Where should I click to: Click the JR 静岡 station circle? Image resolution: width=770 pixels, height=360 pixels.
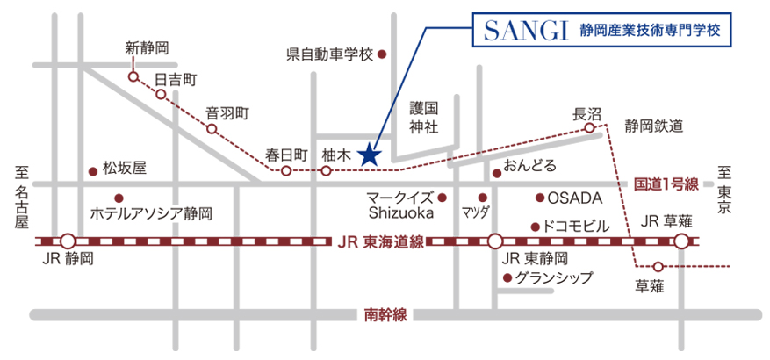pyautogui.click(x=68, y=241)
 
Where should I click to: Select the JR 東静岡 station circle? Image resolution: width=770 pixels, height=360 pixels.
pyautogui.click(x=495, y=241)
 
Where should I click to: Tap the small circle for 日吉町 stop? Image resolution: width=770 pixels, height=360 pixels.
pyautogui.click(x=161, y=94)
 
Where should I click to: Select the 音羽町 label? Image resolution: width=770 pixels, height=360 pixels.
pyautogui.click(x=228, y=112)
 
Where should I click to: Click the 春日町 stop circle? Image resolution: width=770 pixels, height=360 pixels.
pyautogui.click(x=285, y=170)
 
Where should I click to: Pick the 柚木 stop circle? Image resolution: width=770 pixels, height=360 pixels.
pyautogui.click(x=326, y=170)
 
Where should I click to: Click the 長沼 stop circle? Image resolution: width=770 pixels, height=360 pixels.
pyautogui.click(x=589, y=128)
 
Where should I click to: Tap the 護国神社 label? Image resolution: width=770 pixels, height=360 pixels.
pyautogui.click(x=423, y=118)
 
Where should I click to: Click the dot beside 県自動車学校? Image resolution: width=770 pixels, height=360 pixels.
pyautogui.click(x=382, y=54)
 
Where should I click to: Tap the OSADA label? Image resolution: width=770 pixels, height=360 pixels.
pyautogui.click(x=575, y=198)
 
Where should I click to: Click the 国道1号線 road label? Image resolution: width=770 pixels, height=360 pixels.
pyautogui.click(x=666, y=184)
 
